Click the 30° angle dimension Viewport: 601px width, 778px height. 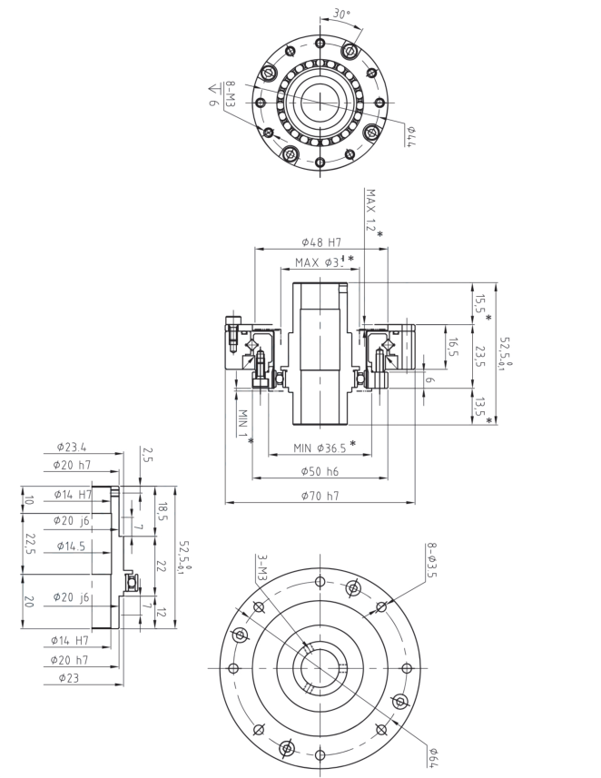[340, 15]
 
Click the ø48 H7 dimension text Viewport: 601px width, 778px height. [320, 241]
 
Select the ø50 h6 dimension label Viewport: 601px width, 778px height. [320, 472]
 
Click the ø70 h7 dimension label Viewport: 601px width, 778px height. [320, 496]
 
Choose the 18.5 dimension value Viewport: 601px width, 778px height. [162, 512]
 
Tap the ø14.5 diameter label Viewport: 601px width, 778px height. [71, 547]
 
